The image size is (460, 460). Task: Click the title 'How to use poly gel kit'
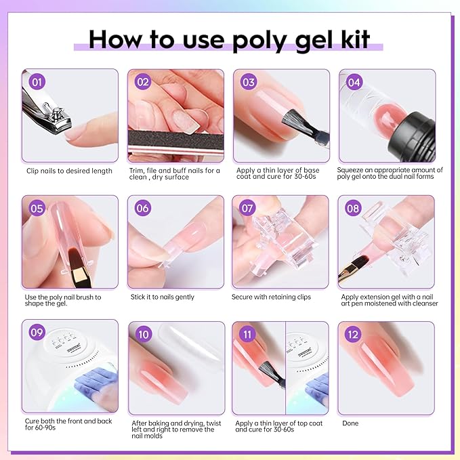coord(230,39)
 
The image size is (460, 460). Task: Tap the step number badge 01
coord(37,83)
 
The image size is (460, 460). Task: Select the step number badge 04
coord(352,83)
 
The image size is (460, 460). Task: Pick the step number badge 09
coord(37,334)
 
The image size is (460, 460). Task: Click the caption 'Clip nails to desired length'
coord(69,171)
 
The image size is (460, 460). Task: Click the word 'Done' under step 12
coord(351,423)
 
